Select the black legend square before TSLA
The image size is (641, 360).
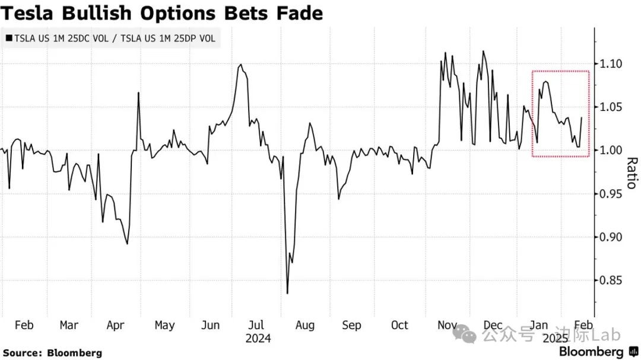click(x=8, y=39)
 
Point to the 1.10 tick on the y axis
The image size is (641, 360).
click(x=611, y=63)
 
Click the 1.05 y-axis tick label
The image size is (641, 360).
click(x=611, y=107)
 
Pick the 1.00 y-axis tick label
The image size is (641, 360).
click(x=611, y=150)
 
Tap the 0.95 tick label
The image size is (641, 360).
click(x=611, y=194)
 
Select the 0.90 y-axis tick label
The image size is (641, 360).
click(x=611, y=237)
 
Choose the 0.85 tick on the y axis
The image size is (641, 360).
click(x=611, y=281)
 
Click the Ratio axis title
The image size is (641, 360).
click(x=631, y=173)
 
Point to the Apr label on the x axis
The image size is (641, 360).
click(x=115, y=325)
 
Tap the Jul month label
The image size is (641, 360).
click(x=256, y=325)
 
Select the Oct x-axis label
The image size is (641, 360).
click(x=399, y=325)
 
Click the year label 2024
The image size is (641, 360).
click(x=258, y=338)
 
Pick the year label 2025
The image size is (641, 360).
click(x=556, y=338)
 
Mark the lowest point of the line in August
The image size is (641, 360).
click(x=287, y=293)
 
